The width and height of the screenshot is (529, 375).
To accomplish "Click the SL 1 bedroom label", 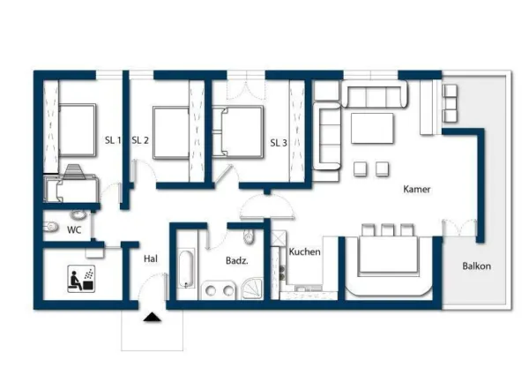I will pyautogui.click(x=113, y=140).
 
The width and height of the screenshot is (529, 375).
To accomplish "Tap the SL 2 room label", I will pyautogui.click(x=139, y=140).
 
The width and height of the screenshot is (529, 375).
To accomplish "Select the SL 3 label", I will pyautogui.click(x=279, y=142).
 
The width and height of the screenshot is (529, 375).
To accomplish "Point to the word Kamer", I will pyautogui.click(x=417, y=190).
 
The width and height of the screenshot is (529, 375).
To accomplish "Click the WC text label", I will pyautogui.click(x=75, y=229).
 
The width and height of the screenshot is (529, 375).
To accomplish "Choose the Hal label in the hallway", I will pyautogui.click(x=150, y=259).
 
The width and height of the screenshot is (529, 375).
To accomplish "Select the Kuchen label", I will pyautogui.click(x=304, y=251).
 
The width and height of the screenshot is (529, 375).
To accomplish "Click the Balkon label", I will pyautogui.click(x=476, y=266).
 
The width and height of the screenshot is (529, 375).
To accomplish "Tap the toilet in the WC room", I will pyautogui.click(x=50, y=229).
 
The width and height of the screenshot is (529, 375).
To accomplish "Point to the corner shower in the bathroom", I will pyautogui.click(x=254, y=288).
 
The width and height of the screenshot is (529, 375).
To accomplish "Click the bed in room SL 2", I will pyautogui.click(x=171, y=132).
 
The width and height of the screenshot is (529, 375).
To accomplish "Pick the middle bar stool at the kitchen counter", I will pyautogui.click(x=387, y=230).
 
